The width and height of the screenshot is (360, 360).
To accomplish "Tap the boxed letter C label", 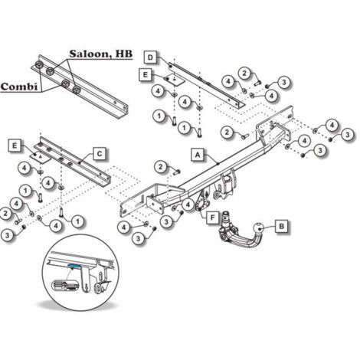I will point(100,154).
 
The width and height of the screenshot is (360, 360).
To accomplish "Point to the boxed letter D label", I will point(151,57).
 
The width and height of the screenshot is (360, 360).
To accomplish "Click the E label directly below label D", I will point(146,74).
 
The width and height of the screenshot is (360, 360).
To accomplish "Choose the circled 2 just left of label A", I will point(160,167).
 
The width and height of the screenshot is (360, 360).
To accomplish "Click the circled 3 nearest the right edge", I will point(346,135).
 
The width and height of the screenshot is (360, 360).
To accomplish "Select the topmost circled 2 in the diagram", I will point(244,73).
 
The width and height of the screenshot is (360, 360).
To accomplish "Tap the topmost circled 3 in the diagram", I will point(283,82).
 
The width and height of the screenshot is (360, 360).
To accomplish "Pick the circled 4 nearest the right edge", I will point(332,124).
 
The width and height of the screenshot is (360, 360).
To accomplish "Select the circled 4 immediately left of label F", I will point(188,205).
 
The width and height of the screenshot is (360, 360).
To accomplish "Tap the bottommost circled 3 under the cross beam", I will point(138,240).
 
